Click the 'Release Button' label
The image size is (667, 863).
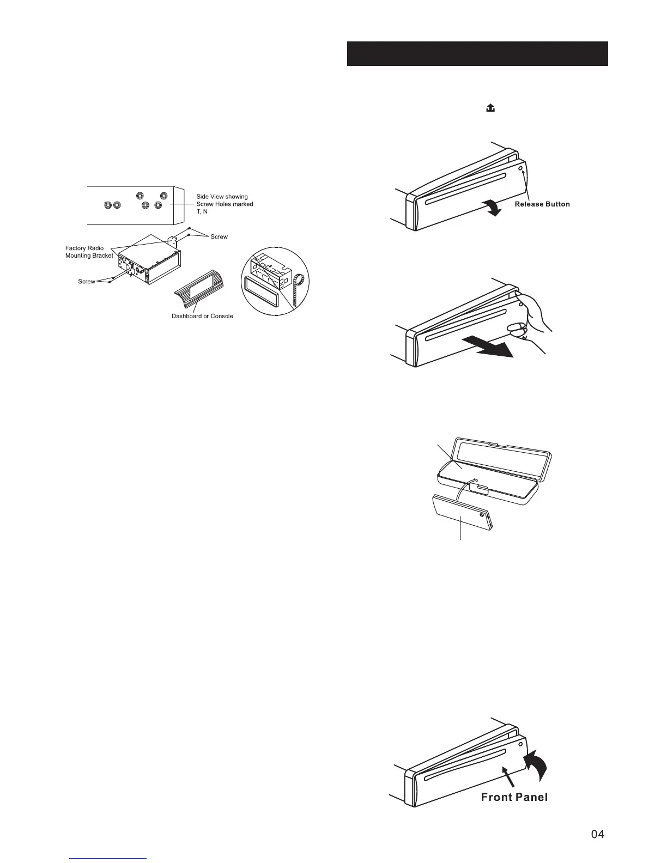click(x=542, y=204)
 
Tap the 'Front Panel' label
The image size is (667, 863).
click(x=514, y=797)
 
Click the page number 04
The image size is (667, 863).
click(x=597, y=834)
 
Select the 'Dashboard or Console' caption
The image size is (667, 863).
click(x=202, y=316)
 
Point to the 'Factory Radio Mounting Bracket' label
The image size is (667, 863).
click(x=89, y=252)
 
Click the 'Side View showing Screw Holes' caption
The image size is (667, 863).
click(x=225, y=204)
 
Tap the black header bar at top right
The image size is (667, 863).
click(x=477, y=53)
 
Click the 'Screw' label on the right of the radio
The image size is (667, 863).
click(x=219, y=237)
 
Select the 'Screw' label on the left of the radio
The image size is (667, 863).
click(x=87, y=282)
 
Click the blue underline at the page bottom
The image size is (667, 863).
click(x=108, y=858)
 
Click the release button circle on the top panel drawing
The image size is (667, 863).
click(x=520, y=168)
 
